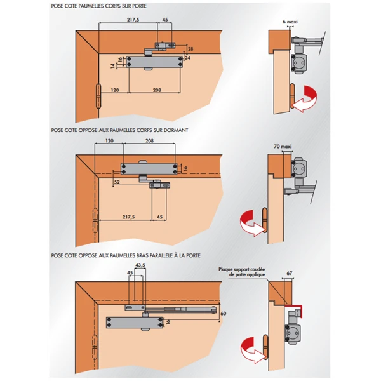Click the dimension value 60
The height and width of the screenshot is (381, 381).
coord(223,313)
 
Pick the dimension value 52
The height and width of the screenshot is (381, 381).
coord(117,182)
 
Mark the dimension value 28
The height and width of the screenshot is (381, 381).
coord(190,49)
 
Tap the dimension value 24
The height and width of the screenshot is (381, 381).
coord(187,58)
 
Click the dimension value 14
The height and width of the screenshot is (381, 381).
coord(112,65)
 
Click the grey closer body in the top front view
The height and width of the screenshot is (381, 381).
coord(153,60)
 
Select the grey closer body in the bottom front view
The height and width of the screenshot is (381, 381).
coord(132,321)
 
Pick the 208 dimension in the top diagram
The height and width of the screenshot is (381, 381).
coord(152,91)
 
